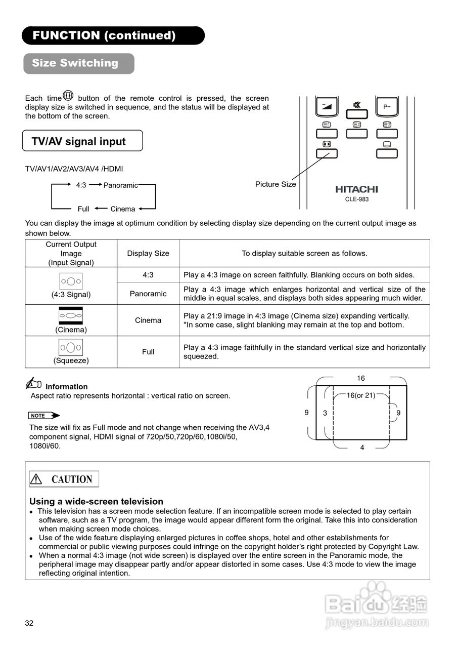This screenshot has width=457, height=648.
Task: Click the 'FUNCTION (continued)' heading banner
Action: (x=113, y=35)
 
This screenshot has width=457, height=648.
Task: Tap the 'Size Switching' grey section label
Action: (x=78, y=63)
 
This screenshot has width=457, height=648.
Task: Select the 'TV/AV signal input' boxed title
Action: (x=82, y=141)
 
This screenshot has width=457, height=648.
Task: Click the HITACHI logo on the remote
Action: (x=356, y=189)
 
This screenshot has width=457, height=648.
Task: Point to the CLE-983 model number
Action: (x=356, y=199)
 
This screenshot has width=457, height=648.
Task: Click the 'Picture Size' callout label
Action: (x=276, y=184)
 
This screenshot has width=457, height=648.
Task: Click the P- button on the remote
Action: (x=387, y=107)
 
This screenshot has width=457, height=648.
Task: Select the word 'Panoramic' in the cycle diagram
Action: (x=120, y=185)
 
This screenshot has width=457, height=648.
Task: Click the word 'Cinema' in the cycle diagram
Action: (x=123, y=209)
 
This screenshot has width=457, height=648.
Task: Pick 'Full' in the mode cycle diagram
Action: (x=83, y=209)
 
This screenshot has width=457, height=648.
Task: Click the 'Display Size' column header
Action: (x=148, y=253)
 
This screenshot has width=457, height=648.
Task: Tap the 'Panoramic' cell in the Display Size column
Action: (x=148, y=294)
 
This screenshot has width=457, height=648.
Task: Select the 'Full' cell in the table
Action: (x=148, y=352)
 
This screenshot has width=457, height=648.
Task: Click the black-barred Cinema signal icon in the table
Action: (x=71, y=315)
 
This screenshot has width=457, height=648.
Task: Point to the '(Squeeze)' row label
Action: (x=71, y=360)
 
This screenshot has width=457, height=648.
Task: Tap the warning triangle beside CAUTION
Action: (x=36, y=479)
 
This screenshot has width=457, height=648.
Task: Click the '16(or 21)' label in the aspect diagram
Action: (x=360, y=395)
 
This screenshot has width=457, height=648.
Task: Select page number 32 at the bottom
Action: (x=29, y=623)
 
